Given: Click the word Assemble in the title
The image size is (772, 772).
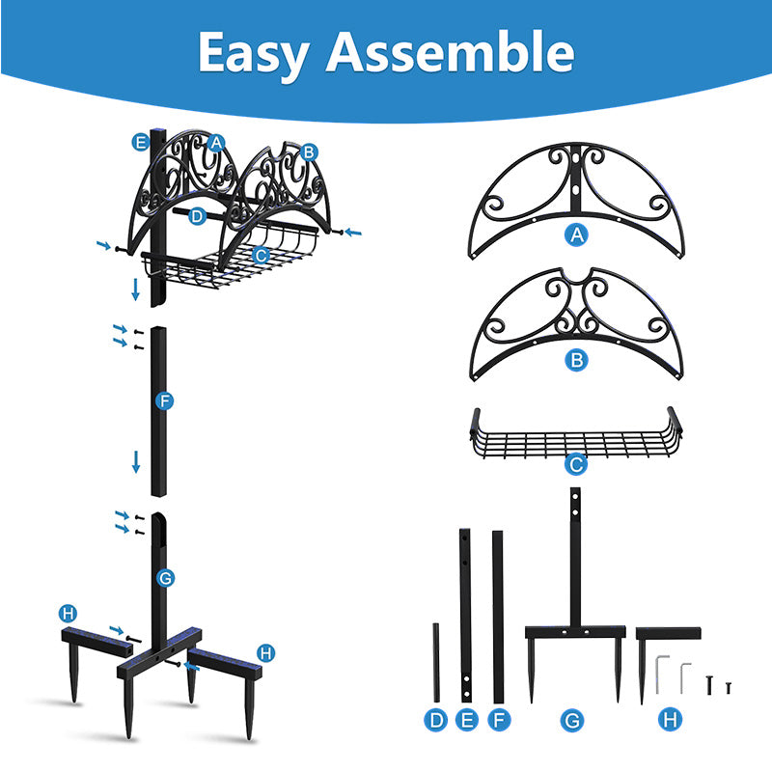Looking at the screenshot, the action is click(x=450, y=51).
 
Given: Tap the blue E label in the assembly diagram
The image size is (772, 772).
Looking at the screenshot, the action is click(x=140, y=142).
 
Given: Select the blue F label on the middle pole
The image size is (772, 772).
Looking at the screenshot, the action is click(x=164, y=401).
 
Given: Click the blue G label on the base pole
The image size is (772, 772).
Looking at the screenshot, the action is click(x=165, y=577).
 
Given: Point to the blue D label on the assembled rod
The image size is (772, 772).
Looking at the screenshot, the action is click(x=197, y=216).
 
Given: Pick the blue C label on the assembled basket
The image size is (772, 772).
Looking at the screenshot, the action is click(x=261, y=256).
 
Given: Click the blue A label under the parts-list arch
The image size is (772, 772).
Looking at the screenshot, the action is click(x=576, y=235).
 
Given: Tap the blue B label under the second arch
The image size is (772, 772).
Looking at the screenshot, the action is click(x=576, y=360).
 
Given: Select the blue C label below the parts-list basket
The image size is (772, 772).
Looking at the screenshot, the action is click(x=576, y=464).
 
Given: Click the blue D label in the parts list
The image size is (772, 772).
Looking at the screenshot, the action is click(x=436, y=720).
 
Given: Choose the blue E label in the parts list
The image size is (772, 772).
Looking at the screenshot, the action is click(x=467, y=720).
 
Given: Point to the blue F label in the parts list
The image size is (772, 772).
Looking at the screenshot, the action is click(x=499, y=720).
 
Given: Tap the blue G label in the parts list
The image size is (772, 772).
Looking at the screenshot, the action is click(x=572, y=720).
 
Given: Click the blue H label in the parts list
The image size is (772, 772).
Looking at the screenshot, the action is click(x=670, y=720).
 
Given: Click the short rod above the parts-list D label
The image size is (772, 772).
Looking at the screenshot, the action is click(x=436, y=663).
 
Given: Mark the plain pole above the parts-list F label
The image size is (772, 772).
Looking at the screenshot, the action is click(x=498, y=617).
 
